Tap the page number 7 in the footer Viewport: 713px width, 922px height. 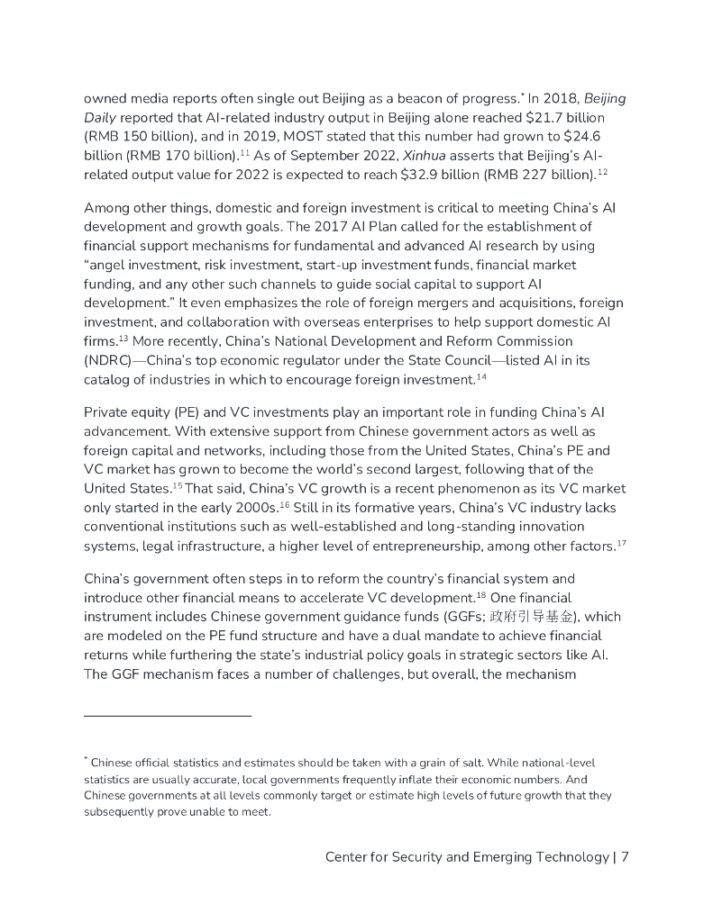tap(625, 856)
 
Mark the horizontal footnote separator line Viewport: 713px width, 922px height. tap(168, 716)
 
